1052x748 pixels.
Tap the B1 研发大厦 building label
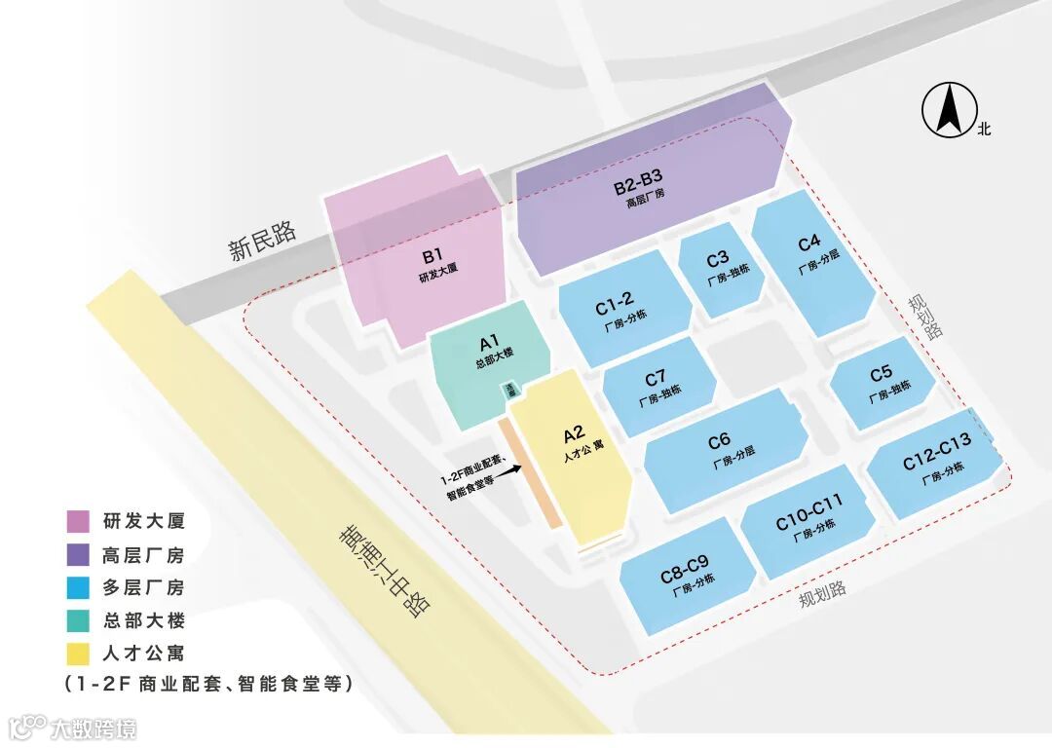coord(432,264)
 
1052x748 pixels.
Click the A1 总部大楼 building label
coord(489,350)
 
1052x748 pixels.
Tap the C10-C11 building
coord(808,517)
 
